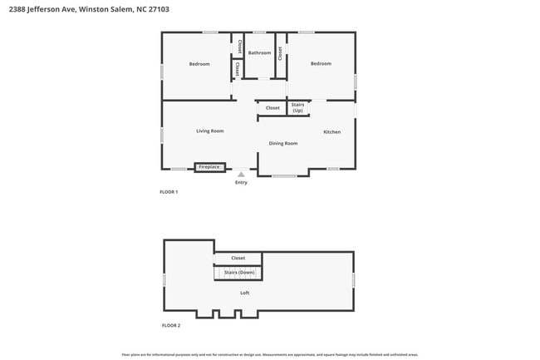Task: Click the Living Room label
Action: click(x=210, y=131)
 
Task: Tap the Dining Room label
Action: click(x=283, y=143)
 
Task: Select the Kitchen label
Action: click(x=332, y=131)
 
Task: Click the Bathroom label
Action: click(x=260, y=52)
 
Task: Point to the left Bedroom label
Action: click(x=199, y=64)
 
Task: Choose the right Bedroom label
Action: click(x=321, y=63)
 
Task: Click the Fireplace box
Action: click(x=209, y=167)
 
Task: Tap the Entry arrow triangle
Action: click(x=241, y=175)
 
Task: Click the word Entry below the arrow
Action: click(x=241, y=183)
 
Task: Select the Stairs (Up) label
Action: click(x=297, y=107)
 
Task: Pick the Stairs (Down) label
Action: click(x=239, y=272)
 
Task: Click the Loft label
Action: click(x=245, y=293)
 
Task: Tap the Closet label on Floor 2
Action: click(x=238, y=258)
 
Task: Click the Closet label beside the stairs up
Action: click(x=272, y=107)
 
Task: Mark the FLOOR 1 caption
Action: click(x=169, y=192)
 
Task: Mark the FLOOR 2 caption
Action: click(x=170, y=325)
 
